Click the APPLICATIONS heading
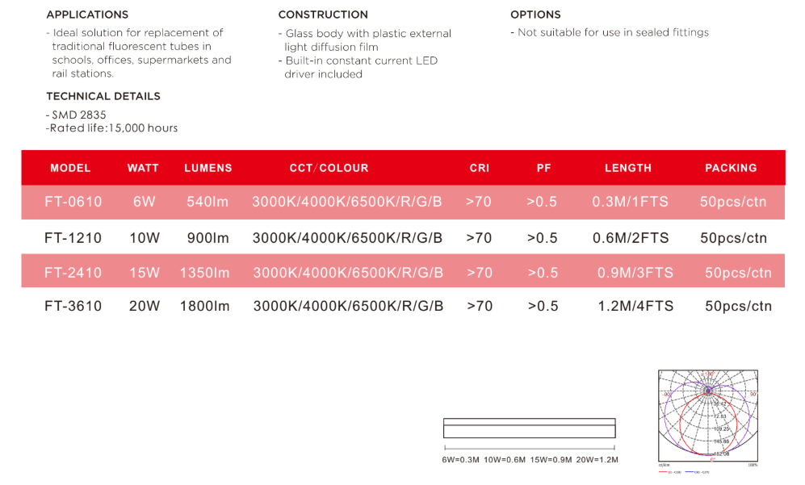click(x=87, y=15)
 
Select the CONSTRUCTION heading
click(x=323, y=15)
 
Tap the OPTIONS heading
click(x=535, y=15)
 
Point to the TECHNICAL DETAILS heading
click(x=103, y=96)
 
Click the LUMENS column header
click(x=208, y=168)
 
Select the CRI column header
click(x=480, y=168)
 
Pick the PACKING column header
click(x=731, y=168)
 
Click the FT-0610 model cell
click(x=73, y=202)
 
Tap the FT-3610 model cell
click(x=73, y=306)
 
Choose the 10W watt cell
click(x=145, y=238)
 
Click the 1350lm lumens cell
click(x=205, y=273)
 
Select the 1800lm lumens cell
click(x=205, y=306)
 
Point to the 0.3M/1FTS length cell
click(x=630, y=202)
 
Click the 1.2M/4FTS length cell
click(x=635, y=306)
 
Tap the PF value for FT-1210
click(x=542, y=238)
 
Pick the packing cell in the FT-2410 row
click(x=738, y=273)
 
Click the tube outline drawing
click(x=530, y=428)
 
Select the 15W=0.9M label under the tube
click(x=551, y=459)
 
